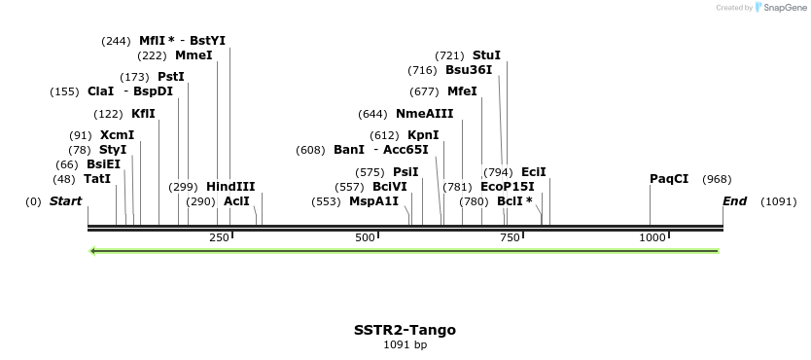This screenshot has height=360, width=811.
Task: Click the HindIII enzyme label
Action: coord(230,187)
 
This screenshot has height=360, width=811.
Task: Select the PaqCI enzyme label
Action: coord(669,179)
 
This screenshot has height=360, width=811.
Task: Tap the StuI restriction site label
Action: coord(486,55)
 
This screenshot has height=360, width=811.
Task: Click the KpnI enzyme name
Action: coord(423,135)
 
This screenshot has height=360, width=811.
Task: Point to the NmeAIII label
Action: coord(424,114)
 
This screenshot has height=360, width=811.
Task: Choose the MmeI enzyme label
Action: coord(194,55)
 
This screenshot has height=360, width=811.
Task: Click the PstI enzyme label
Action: coord(171,77)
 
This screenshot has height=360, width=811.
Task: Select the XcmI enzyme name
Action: coord(117,135)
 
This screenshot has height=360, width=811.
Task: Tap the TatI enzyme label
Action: coord(97,179)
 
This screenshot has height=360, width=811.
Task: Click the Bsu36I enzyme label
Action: coord(469,70)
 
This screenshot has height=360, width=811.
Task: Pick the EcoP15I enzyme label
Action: coord(508,187)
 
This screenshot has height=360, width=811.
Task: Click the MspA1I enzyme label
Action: coord(374,201)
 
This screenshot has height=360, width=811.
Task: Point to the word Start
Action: coord(65,201)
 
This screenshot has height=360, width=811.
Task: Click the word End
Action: coord(734,201)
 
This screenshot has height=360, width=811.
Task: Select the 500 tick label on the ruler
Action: coord(365,237)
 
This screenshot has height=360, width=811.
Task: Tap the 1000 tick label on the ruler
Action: coord(651,237)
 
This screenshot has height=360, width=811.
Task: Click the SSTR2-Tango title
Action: coord(405,330)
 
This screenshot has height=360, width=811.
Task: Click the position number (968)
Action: coord(717,179)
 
